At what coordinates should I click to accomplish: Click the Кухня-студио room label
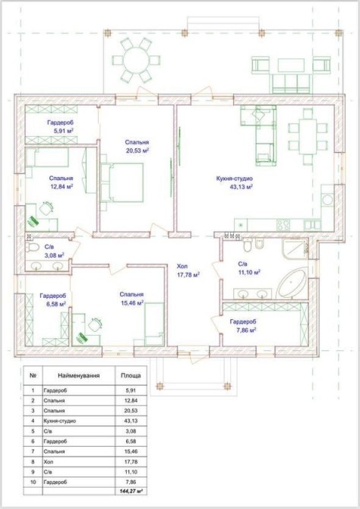point(235,179)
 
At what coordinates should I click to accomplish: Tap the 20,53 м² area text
point(137,150)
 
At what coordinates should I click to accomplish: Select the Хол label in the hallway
point(182,267)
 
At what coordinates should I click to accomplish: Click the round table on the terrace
point(137,60)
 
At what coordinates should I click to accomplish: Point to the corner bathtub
point(292,284)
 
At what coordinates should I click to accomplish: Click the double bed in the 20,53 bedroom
point(122,183)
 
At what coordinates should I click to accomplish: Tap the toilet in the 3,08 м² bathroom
point(32,247)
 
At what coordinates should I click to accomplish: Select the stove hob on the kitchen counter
point(283,225)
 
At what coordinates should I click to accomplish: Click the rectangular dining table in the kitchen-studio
point(308,137)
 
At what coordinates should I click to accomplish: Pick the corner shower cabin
point(295,249)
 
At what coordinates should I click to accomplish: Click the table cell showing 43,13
point(131,421)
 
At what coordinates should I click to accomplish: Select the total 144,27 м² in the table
point(131,492)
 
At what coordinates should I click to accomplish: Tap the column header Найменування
point(79,375)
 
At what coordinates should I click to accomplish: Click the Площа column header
point(131,375)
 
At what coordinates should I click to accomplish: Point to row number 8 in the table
point(33,462)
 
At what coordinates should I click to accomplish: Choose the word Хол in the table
point(48,462)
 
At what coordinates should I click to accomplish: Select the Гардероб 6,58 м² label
point(53,299)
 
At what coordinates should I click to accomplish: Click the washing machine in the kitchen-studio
point(327,199)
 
